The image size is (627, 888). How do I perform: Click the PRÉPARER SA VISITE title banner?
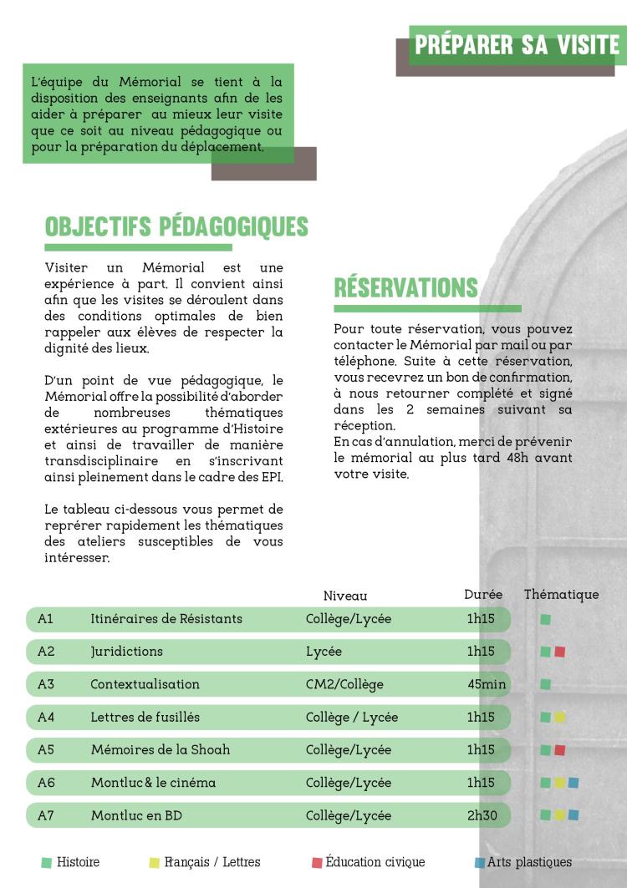tap(517, 45)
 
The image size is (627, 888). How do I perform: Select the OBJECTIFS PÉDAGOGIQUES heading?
tap(176, 226)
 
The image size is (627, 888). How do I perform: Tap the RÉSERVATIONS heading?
tap(405, 287)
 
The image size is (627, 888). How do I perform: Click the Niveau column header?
tap(345, 596)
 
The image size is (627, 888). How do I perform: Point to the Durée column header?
tap(483, 595)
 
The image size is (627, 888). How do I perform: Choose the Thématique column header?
tap(561, 595)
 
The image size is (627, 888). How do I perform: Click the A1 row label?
tap(46, 619)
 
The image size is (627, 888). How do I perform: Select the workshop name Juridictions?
tap(126, 652)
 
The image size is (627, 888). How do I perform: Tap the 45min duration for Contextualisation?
tap(487, 684)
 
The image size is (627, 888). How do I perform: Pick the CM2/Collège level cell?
tap(344, 684)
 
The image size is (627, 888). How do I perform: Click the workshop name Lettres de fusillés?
tap(145, 717)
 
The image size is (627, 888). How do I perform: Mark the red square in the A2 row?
tap(560, 652)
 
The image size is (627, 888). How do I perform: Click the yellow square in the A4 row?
tap(560, 717)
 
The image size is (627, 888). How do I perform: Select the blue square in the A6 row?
tap(573, 783)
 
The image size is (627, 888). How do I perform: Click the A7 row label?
tap(46, 815)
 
